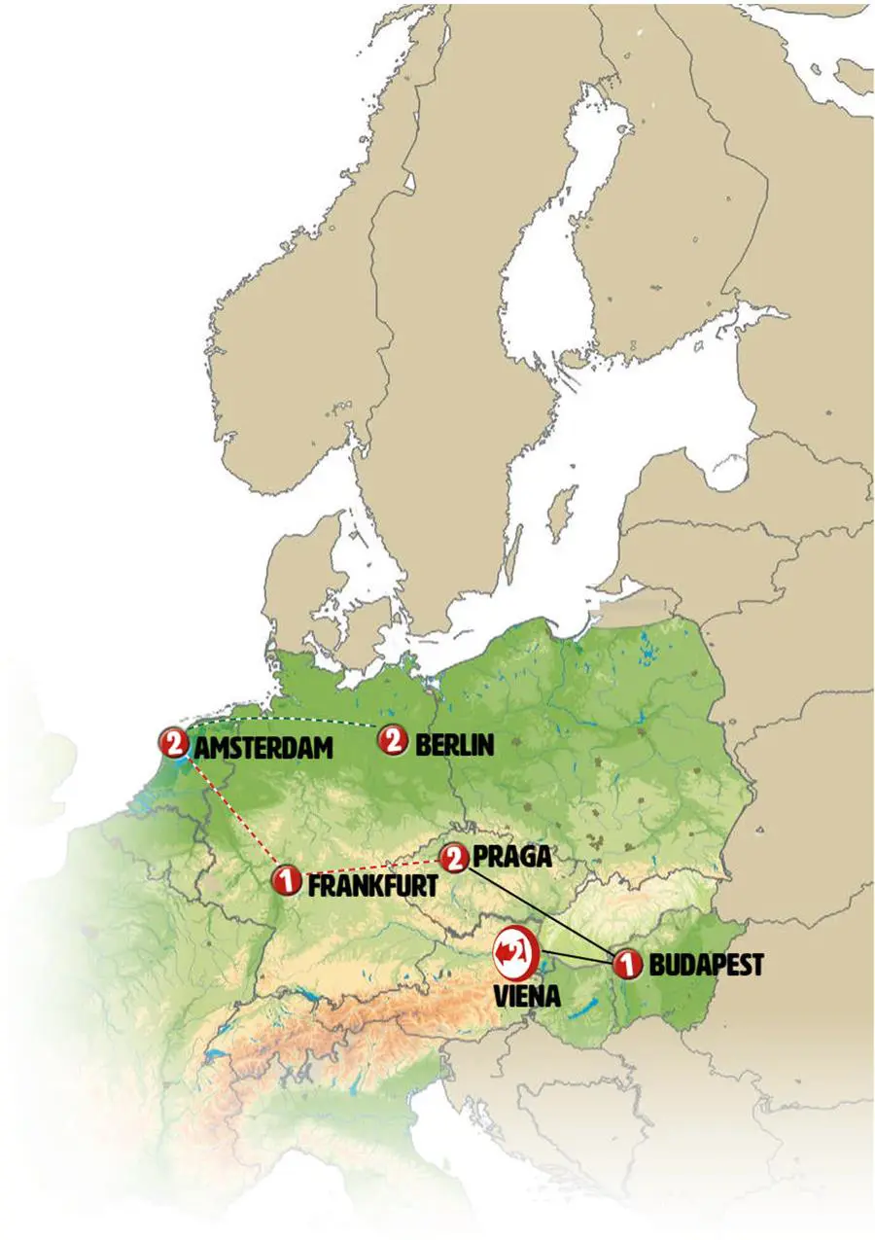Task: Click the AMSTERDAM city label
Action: pyautogui.click(x=263, y=748)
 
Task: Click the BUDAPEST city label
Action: pyautogui.click(x=706, y=966)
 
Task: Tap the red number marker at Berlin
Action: pyautogui.click(x=392, y=742)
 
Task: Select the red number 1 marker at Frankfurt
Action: pyautogui.click(x=286, y=880)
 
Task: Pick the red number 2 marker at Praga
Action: pyautogui.click(x=452, y=858)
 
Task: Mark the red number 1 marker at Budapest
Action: pyautogui.click(x=627, y=964)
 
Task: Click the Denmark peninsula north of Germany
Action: pyautogui.click(x=297, y=584)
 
